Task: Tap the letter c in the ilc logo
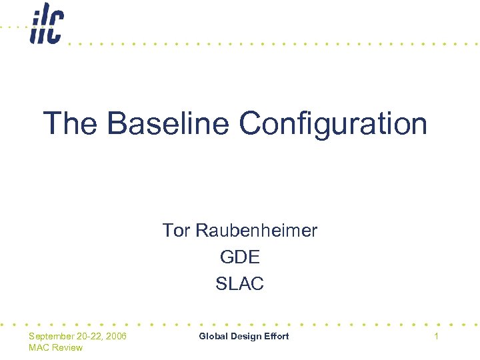click(x=55, y=28)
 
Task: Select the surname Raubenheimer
click(x=256, y=231)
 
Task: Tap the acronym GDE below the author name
click(x=239, y=257)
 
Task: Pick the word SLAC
click(x=239, y=283)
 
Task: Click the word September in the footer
click(x=52, y=336)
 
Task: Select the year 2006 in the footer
click(x=116, y=336)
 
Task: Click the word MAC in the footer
click(x=39, y=347)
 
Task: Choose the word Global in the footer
click(x=213, y=336)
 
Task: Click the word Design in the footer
click(x=245, y=336)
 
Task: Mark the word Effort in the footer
click(x=277, y=336)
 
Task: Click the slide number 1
click(x=436, y=336)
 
